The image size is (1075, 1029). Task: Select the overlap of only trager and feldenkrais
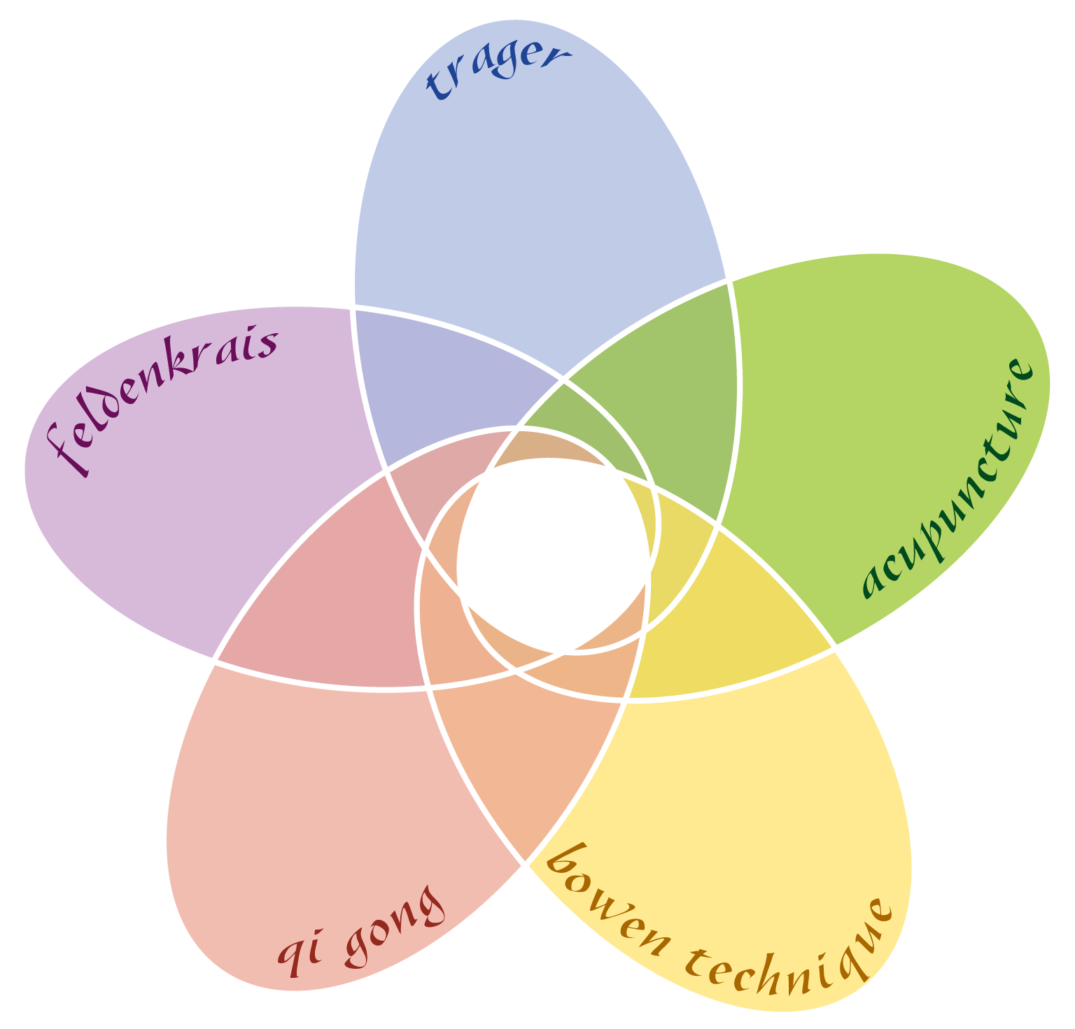[x=448, y=378]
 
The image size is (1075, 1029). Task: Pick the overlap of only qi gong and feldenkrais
[x=322, y=602]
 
